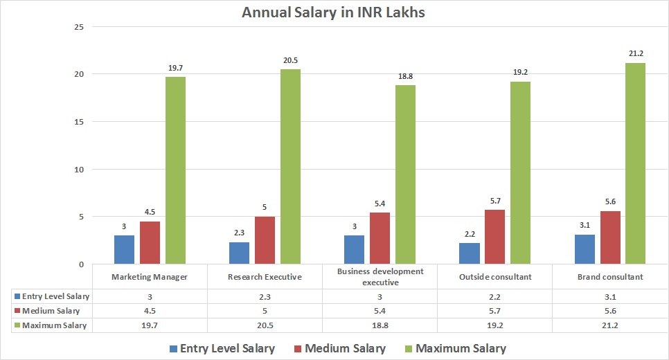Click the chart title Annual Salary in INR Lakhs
(x=334, y=12)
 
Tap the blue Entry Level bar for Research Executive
(x=238, y=253)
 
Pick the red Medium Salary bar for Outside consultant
(x=495, y=237)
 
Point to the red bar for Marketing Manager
(x=150, y=242)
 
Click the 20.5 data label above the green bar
(x=290, y=61)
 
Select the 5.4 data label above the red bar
(x=380, y=204)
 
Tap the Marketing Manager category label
(x=150, y=277)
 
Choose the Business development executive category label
(x=380, y=277)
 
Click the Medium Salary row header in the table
(x=51, y=311)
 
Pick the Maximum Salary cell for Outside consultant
(x=494, y=325)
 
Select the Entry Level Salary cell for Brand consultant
(x=609, y=296)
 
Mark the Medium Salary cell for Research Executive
(x=265, y=311)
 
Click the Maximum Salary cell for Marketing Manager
(x=150, y=325)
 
